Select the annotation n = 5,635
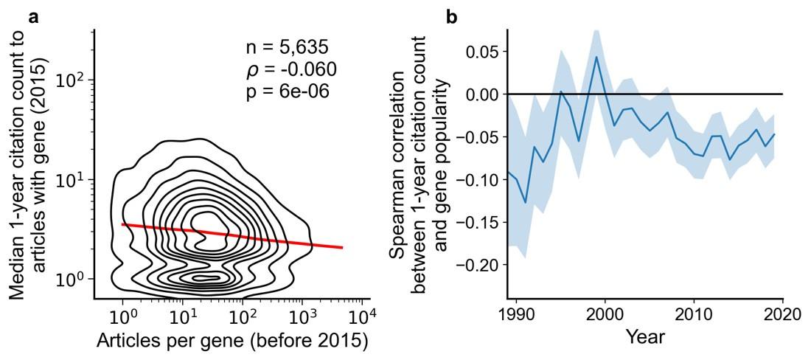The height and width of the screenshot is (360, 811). coord(287,48)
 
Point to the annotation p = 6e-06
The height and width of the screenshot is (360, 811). coord(287,91)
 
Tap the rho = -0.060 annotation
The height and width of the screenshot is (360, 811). coord(290,70)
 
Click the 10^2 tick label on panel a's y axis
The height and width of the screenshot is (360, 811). coord(72,80)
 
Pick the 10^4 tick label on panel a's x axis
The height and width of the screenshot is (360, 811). coord(361,317)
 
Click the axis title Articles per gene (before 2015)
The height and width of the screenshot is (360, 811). coord(232,342)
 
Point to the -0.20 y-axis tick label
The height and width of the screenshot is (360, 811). coord(478,264)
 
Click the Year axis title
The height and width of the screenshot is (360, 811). coord(645,338)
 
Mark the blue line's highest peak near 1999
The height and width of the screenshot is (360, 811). coord(596,57)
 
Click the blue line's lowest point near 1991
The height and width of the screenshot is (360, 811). coord(525,203)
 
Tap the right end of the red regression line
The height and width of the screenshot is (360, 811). coord(343,248)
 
